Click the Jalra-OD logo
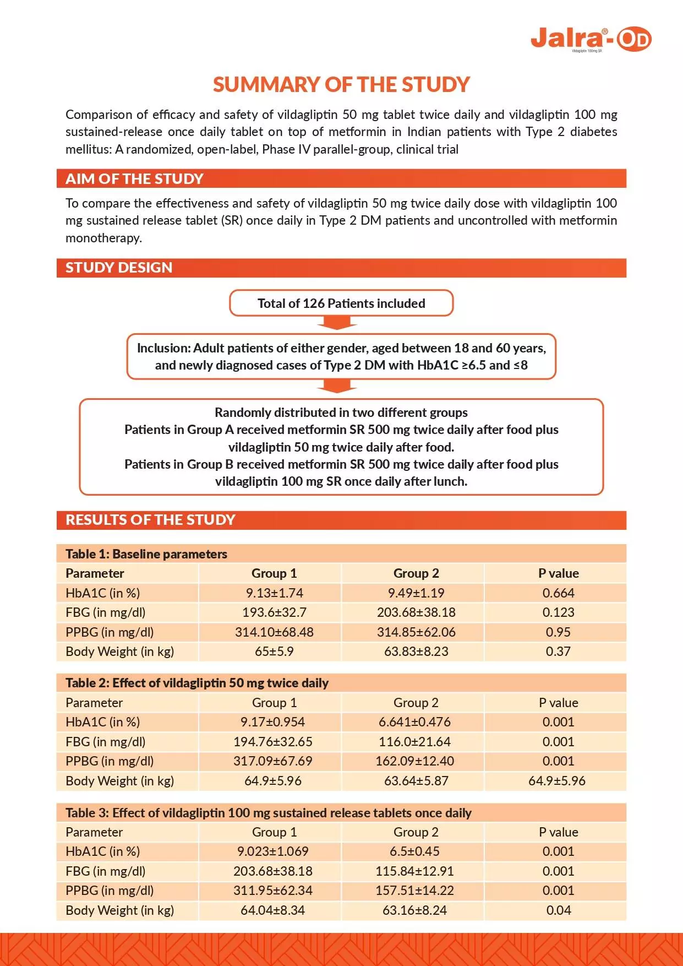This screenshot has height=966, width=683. [591, 39]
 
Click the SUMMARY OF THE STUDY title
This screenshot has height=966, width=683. [341, 84]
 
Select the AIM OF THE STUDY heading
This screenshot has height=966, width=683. [134, 179]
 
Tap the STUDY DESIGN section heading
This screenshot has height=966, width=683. [119, 268]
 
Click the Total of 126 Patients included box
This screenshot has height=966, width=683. [341, 303]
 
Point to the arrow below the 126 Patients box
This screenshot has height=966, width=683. [341, 323]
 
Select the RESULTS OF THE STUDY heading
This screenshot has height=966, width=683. [150, 520]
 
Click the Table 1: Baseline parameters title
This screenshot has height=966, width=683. [146, 554]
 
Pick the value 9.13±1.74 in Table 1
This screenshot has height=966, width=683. [274, 593]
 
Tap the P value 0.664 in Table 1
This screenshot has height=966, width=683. [558, 593]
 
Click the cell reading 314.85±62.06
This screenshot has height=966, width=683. [416, 632]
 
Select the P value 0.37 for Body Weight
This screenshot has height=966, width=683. [558, 652]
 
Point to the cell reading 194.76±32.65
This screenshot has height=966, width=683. [273, 742]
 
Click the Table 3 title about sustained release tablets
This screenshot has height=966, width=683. [269, 813]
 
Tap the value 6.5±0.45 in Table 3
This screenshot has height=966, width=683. [414, 851]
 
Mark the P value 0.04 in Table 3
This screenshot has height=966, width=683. [559, 910]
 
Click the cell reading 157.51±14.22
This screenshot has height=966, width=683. [415, 891]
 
